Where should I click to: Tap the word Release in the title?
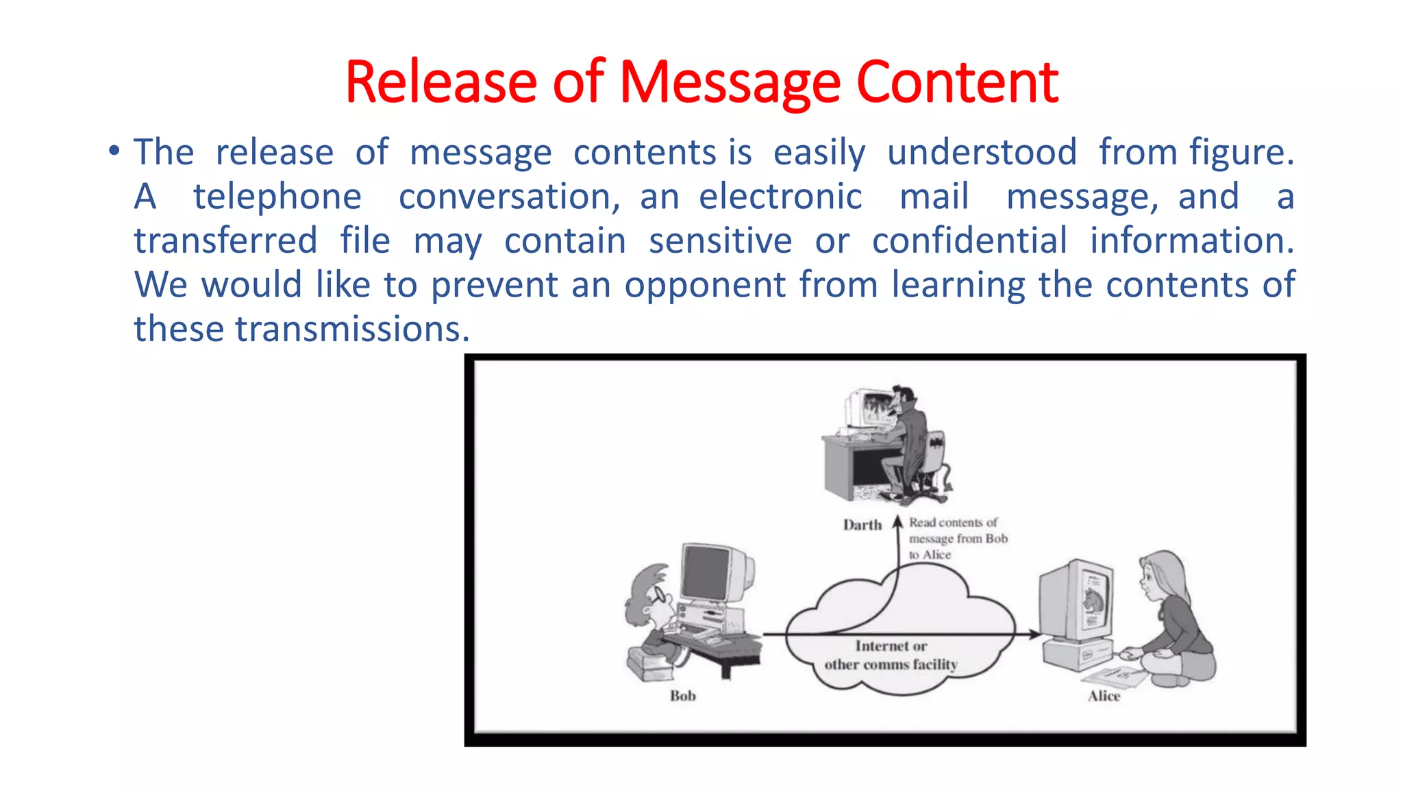pos(440,82)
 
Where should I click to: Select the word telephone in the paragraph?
pos(277,197)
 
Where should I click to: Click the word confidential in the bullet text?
pos(969,241)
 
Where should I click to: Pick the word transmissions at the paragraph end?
pos(352,329)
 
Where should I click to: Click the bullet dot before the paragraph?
pos(114,150)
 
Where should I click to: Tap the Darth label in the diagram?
pos(862,525)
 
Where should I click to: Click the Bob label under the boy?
pos(682,696)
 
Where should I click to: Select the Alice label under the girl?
pos(1104,696)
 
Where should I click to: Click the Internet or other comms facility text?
pos(891,655)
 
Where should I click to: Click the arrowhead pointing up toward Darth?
pos(898,522)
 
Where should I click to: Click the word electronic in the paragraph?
pos(780,197)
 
